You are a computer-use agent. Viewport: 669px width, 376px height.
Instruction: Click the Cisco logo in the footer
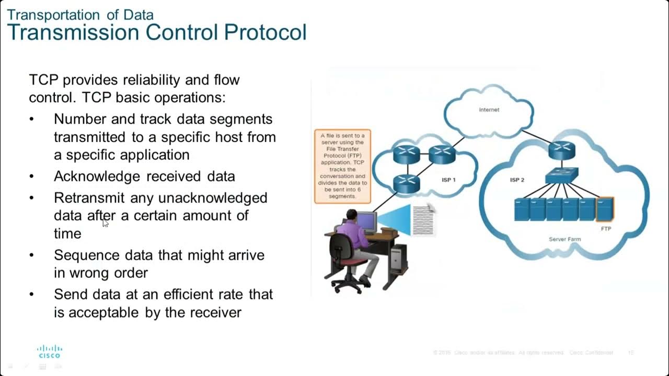(x=50, y=351)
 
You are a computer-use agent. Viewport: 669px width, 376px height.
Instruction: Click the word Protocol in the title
(x=265, y=32)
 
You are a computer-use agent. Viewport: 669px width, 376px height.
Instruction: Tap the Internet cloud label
(x=489, y=110)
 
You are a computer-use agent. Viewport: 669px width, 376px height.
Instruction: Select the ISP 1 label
(x=448, y=180)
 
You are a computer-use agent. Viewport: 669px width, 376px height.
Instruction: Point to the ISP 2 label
(x=517, y=180)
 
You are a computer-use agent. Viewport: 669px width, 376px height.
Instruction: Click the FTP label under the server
(x=606, y=229)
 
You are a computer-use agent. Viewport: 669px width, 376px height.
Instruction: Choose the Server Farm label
(x=564, y=239)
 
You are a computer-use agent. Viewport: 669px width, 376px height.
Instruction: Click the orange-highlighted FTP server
(x=605, y=209)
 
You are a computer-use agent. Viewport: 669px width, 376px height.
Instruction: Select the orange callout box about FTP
(x=342, y=166)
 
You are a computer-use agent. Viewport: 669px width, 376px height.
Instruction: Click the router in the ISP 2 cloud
(x=562, y=150)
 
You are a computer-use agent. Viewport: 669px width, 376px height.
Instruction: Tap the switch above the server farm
(x=562, y=175)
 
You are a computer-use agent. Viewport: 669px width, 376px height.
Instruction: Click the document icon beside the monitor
(x=424, y=220)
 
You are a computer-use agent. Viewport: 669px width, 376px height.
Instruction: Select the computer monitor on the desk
(x=366, y=221)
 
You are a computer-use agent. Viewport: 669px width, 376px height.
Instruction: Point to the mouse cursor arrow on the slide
(x=106, y=223)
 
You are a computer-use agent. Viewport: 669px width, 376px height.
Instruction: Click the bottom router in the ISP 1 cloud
(x=406, y=182)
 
